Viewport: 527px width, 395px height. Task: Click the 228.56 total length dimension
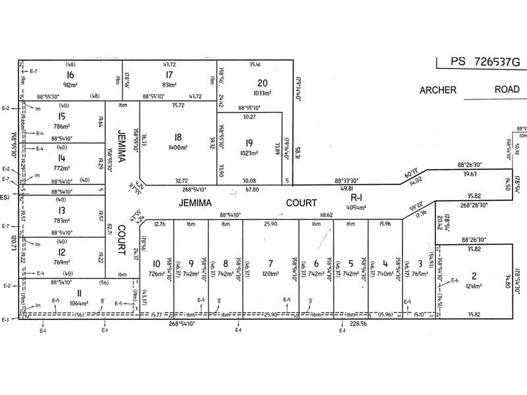coord(357,323)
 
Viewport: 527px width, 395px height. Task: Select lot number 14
coord(61,159)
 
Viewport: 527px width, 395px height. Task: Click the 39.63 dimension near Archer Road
coord(470,173)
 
